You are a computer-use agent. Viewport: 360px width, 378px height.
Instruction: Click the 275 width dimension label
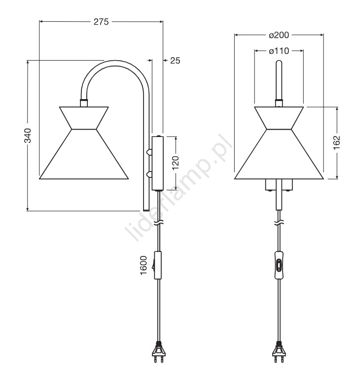click(x=101, y=22)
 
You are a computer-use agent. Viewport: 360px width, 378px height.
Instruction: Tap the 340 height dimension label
click(x=28, y=136)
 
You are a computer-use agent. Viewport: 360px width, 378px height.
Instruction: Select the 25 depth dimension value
click(x=175, y=61)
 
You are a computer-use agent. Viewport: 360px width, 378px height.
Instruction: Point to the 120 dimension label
click(x=176, y=163)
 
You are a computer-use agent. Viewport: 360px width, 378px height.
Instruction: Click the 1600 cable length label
click(x=144, y=266)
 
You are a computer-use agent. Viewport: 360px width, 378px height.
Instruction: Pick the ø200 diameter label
click(x=279, y=35)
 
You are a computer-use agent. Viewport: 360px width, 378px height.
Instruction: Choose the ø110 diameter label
click(x=279, y=51)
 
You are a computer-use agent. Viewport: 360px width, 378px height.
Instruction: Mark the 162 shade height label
click(x=337, y=143)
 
